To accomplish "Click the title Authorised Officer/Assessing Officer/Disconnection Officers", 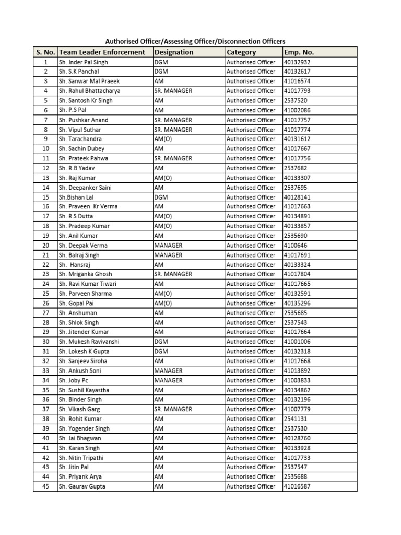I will (196, 41).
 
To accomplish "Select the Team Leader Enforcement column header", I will (102, 52).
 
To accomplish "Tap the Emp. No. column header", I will (299, 52).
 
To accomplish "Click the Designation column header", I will (173, 52).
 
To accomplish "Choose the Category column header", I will (241, 52).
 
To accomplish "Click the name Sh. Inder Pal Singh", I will (83, 62).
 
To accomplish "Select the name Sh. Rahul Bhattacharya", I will (89, 91).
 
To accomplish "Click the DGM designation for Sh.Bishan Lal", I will (161, 197).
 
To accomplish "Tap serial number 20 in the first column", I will (45, 245).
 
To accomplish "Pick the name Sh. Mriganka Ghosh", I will (85, 274).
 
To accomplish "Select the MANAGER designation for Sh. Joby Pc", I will (168, 380).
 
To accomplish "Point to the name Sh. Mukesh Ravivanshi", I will (89, 342).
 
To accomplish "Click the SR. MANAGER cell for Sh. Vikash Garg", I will (173, 409).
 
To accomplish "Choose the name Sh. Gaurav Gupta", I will (82, 486).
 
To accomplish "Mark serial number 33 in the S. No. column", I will (45, 371).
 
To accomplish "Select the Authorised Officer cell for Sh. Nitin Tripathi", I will (251, 457).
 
